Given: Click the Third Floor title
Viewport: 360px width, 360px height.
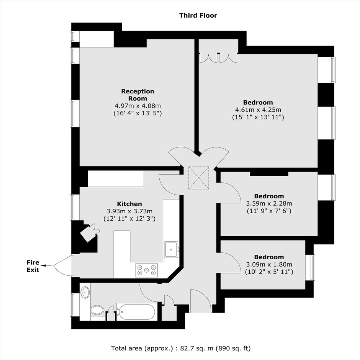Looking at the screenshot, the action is pyautogui.click(x=198, y=15).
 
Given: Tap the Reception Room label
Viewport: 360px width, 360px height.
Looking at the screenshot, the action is pyautogui.click(x=137, y=95).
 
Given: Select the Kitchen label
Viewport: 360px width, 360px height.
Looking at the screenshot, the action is pyautogui.click(x=129, y=204).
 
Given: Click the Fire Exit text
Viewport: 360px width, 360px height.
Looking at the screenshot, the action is pyautogui.click(x=33, y=266).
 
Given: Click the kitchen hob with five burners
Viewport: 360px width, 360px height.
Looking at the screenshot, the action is pyautogui.click(x=146, y=270).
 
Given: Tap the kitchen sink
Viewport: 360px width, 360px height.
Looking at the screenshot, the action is pyautogui.click(x=171, y=250).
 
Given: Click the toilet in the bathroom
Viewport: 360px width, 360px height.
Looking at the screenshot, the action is pyautogui.click(x=98, y=310).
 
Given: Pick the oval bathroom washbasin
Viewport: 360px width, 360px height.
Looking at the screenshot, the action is pyautogui.click(x=85, y=292).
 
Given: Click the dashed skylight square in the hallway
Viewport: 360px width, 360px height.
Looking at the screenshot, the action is pyautogui.click(x=199, y=178).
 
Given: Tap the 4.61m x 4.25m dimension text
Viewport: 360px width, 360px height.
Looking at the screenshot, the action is pyautogui.click(x=258, y=110).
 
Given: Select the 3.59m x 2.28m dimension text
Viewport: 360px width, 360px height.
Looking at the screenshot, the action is pyautogui.click(x=269, y=203).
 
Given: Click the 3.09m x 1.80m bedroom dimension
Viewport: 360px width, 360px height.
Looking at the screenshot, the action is pyautogui.click(x=269, y=264).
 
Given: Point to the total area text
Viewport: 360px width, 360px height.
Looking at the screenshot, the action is pyautogui.click(x=181, y=348).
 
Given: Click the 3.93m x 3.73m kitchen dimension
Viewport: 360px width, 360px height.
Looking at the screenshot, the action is pyautogui.click(x=129, y=211).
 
